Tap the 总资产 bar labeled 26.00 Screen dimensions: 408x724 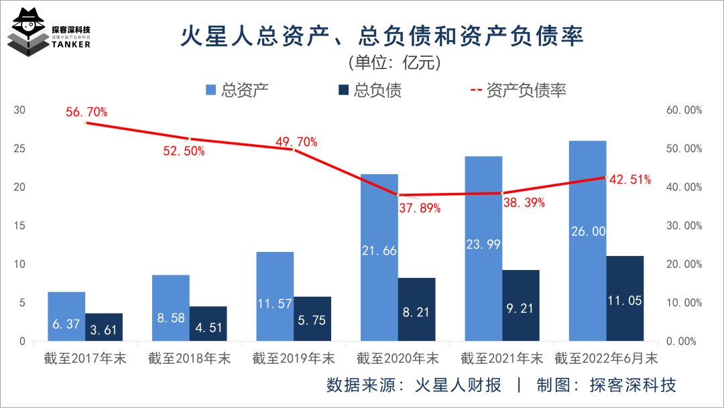pyautogui.click(x=587, y=241)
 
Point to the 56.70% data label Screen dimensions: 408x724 pyautogui.click(x=86, y=112)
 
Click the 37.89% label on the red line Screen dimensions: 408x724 pyautogui.click(x=420, y=208)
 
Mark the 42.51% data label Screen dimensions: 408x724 pyautogui.click(x=630, y=179)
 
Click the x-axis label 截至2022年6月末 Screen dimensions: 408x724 pyautogui.click(x=605, y=358)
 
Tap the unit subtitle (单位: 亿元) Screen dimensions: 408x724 pyautogui.click(x=394, y=62)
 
